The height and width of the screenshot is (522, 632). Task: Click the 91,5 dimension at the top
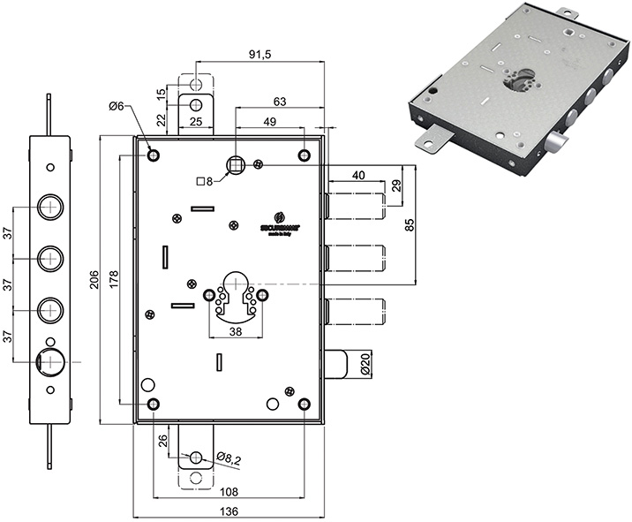(259, 55)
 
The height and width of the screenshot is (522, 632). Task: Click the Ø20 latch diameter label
(365, 364)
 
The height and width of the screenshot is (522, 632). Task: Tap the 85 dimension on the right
(410, 224)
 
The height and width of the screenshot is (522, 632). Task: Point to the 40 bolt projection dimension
(357, 175)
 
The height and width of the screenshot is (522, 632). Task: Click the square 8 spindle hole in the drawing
(236, 163)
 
